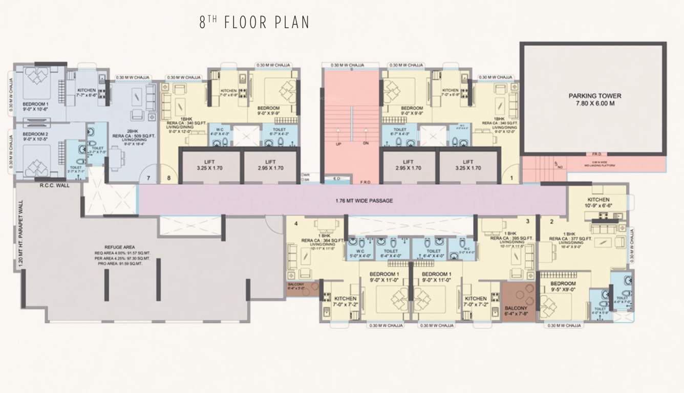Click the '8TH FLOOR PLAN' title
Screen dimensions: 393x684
(x=254, y=23)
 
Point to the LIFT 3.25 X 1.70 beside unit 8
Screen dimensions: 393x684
(x=211, y=165)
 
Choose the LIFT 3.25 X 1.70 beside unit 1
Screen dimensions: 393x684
(x=468, y=165)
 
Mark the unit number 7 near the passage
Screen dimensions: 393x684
(x=148, y=178)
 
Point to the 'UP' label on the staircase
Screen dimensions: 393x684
(x=339, y=143)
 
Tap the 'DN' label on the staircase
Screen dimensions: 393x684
(x=366, y=143)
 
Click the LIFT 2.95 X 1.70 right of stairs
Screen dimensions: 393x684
(x=408, y=165)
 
